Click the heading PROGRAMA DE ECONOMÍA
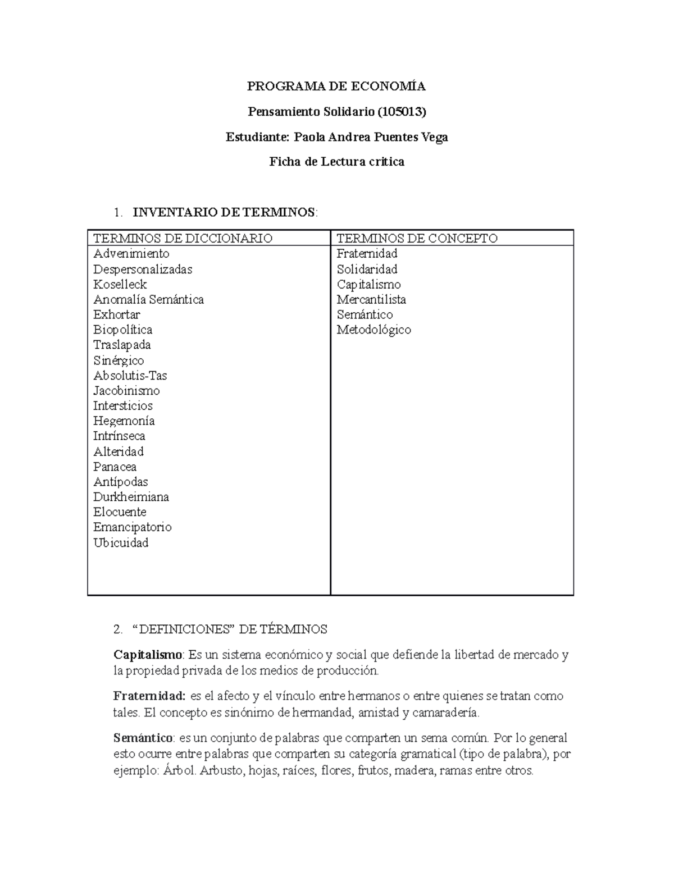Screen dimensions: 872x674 tap(336, 86)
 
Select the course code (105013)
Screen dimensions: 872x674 tap(402, 112)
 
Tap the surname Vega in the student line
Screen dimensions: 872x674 tap(435, 137)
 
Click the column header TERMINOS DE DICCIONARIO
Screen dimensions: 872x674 tap(183, 238)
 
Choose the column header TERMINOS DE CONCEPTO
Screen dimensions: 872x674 tap(417, 238)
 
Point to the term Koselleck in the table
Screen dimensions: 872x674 tap(120, 284)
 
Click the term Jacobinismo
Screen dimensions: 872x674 tap(126, 391)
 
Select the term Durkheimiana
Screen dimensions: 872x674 tap(131, 497)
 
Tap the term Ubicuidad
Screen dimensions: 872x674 tap(121, 542)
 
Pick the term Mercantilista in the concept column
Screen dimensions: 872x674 tap(371, 299)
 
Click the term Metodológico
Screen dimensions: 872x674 tap(374, 330)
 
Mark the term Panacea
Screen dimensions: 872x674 tap(115, 467)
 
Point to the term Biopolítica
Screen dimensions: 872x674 tap(122, 330)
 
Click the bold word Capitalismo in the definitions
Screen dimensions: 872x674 tap(148, 655)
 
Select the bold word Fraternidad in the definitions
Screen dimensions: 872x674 tap(149, 696)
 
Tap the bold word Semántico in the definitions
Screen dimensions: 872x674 tap(144, 738)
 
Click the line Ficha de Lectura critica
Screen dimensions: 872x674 tap(336, 162)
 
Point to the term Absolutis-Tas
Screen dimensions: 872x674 tap(130, 376)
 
